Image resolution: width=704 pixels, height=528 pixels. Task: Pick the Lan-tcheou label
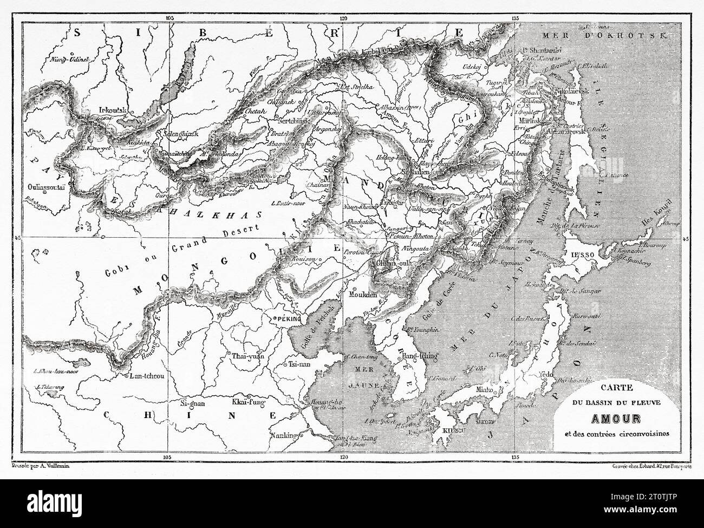click(142, 375)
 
